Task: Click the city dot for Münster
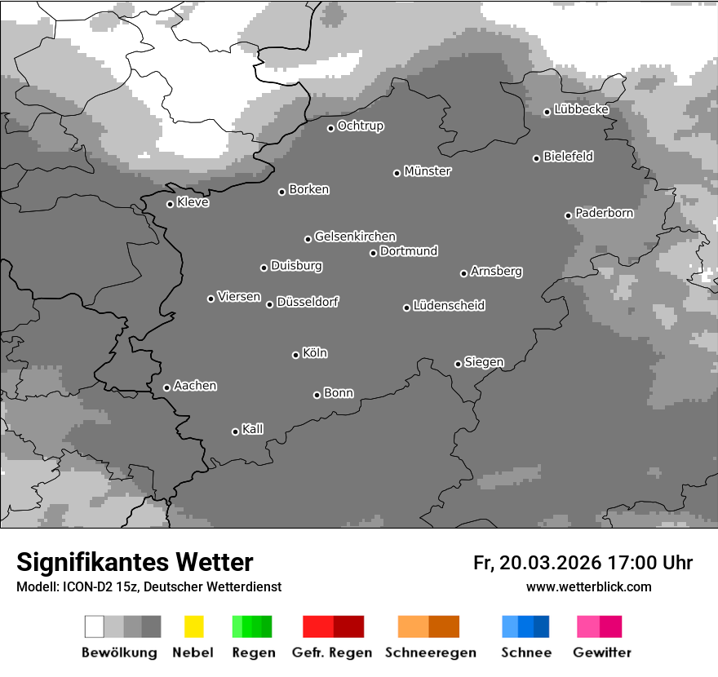(397, 173)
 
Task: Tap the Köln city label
(315, 353)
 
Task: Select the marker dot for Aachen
(166, 387)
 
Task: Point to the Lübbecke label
(582, 109)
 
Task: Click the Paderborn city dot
(568, 215)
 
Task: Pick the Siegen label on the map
(484, 362)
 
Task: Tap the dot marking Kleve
(170, 204)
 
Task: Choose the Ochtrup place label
(361, 126)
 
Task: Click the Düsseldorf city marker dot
(269, 304)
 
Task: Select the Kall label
(253, 429)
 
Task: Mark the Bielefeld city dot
(536, 158)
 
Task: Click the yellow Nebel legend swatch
(193, 626)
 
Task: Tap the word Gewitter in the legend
(602, 653)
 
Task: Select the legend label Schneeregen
(431, 653)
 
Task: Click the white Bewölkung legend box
(95, 626)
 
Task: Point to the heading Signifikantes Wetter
(135, 563)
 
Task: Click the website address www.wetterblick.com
(589, 586)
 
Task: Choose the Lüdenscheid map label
(449, 306)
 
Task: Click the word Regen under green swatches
(254, 653)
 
